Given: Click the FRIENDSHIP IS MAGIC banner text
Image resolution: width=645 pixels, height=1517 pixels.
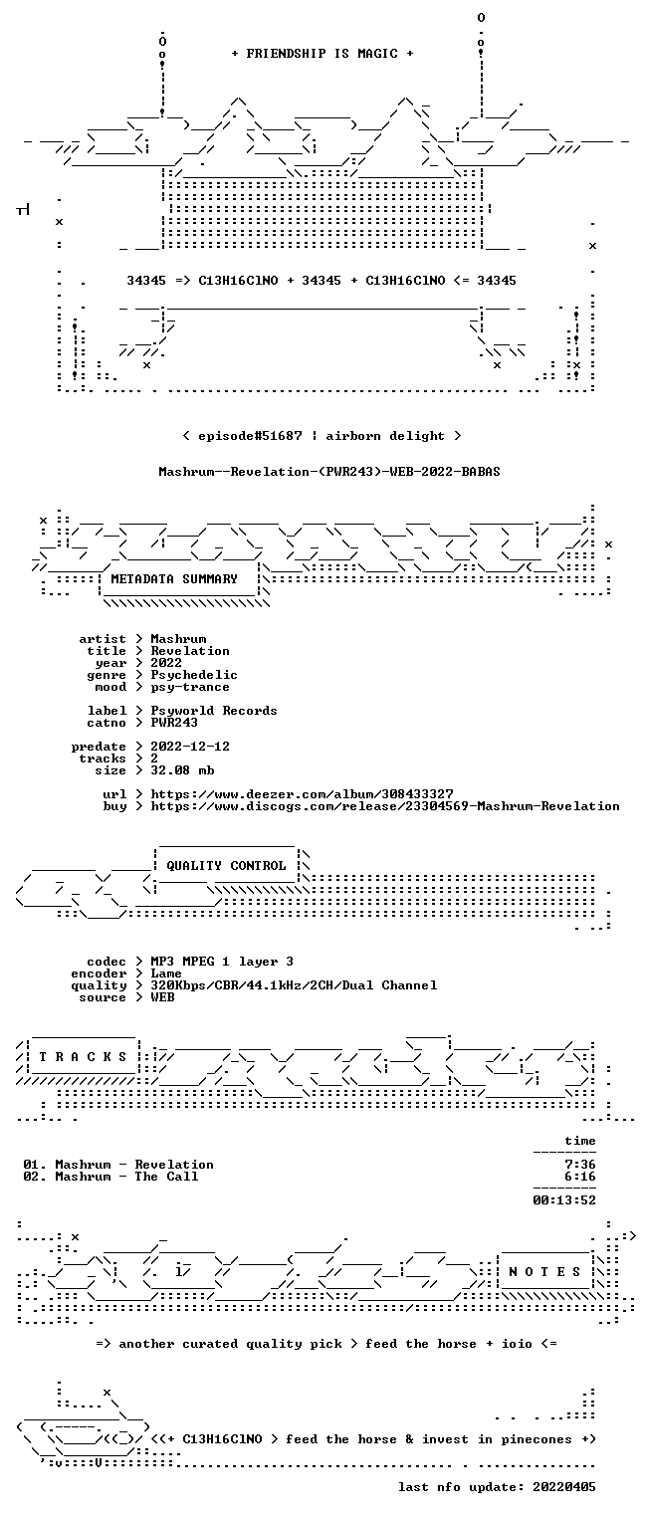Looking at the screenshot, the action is tap(322, 54).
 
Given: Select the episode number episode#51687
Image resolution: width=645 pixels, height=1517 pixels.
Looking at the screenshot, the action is tap(250, 435).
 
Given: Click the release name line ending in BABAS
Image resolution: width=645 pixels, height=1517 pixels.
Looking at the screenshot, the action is tap(329, 472).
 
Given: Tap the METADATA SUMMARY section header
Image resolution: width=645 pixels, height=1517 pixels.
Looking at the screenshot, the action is tap(174, 579).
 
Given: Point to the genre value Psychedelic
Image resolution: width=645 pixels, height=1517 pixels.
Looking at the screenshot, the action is tap(194, 675).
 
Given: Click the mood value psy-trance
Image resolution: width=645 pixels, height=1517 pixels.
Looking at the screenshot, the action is tap(190, 687).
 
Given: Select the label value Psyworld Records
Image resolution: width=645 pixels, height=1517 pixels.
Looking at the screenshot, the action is tap(214, 711).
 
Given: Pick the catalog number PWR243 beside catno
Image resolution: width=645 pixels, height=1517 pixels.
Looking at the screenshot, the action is tap(174, 723).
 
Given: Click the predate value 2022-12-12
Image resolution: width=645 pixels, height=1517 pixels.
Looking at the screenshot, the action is tap(190, 747).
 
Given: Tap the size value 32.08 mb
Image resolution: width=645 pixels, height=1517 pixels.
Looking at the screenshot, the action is tap(182, 770).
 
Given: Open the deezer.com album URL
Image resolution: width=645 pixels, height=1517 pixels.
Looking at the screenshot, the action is tap(303, 793).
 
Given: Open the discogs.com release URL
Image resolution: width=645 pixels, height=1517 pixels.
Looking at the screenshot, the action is tap(385, 806).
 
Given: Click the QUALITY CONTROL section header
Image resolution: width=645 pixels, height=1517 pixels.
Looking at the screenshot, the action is tap(226, 865).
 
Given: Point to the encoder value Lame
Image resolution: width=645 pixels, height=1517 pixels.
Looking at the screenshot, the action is tap(166, 974).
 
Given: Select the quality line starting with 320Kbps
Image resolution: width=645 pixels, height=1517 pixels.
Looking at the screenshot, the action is tap(294, 984).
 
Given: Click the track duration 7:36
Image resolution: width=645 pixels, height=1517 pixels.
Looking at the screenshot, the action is tap(580, 1165).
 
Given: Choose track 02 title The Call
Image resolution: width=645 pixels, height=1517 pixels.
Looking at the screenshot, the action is tap(166, 1177).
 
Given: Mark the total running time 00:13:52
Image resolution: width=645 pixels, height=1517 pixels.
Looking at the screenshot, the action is tap(563, 1200).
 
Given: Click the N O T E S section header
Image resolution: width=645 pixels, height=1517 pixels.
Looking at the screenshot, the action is tap(544, 1272).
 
